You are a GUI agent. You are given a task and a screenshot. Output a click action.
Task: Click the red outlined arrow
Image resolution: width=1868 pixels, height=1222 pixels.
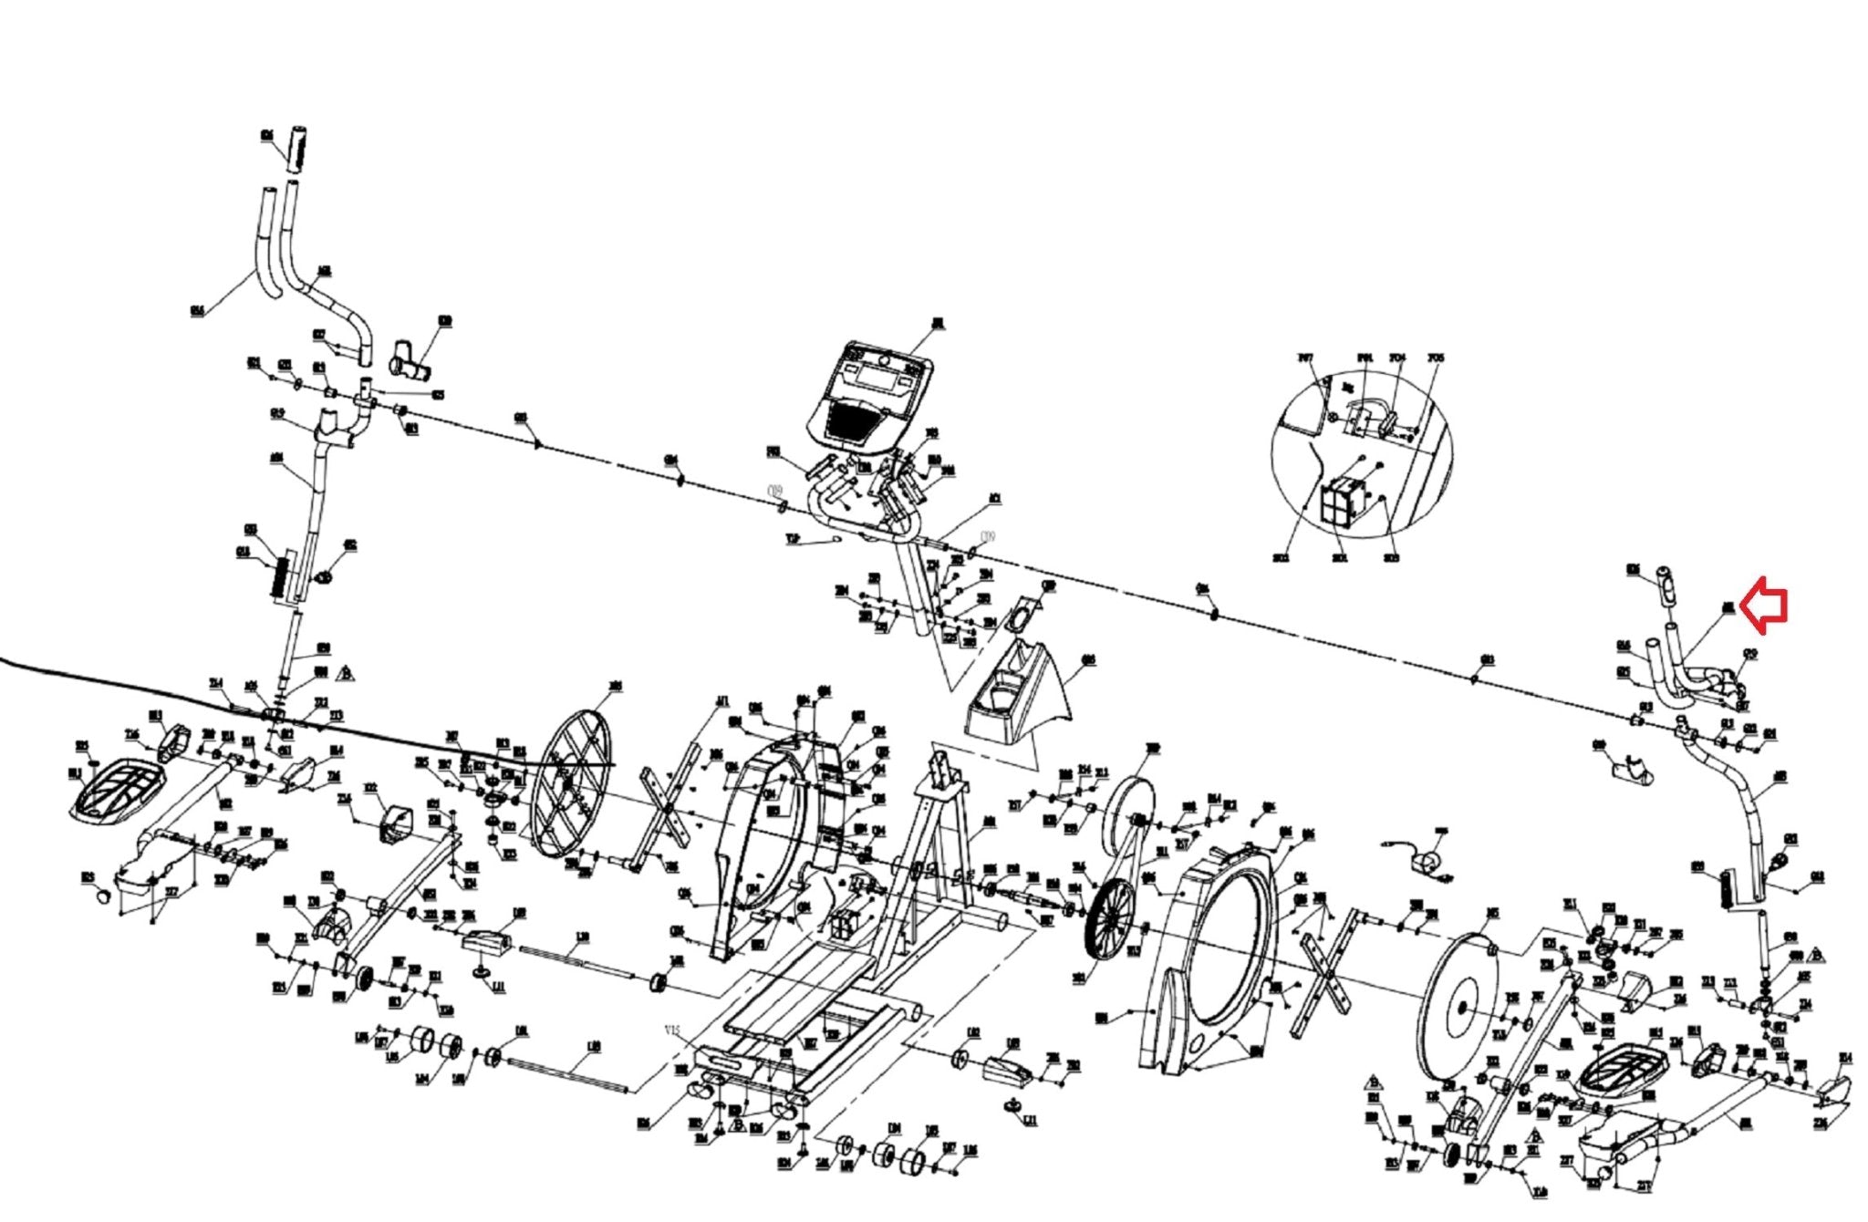[1764, 605]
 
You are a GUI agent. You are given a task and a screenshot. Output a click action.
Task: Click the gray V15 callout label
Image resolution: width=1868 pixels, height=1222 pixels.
[672, 1030]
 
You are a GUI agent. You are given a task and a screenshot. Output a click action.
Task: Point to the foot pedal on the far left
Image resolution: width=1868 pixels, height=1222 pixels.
[117, 791]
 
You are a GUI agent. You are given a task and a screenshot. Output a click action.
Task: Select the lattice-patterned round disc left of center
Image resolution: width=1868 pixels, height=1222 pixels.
[570, 782]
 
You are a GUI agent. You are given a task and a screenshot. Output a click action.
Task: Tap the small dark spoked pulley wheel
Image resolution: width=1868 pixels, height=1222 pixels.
[1111, 916]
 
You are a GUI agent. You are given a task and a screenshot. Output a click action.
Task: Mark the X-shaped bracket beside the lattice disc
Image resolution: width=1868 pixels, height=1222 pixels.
[670, 807]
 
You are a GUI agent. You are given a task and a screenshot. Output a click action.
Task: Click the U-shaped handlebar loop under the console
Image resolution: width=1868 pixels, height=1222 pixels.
[862, 515]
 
